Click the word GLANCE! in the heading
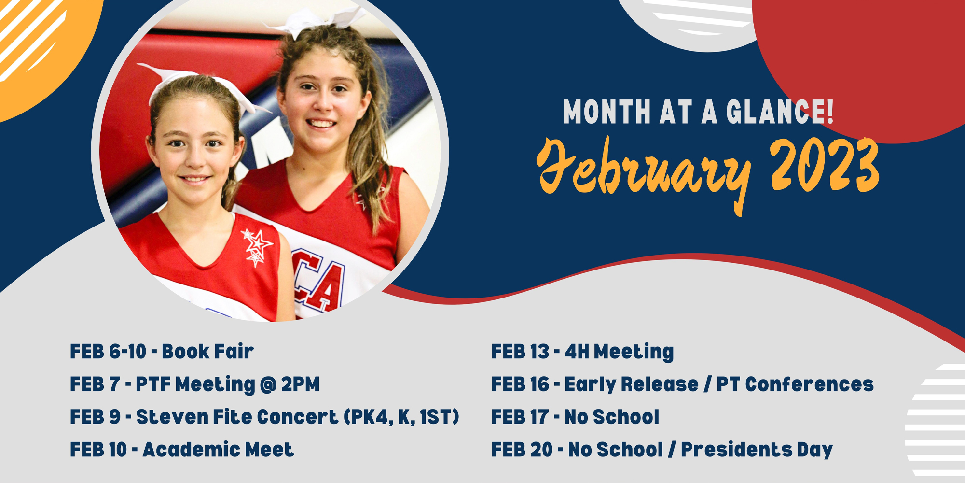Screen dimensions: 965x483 point(780,112)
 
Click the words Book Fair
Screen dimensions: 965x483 point(207,352)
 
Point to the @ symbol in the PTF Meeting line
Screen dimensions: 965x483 point(267,385)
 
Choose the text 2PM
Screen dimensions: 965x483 point(300,384)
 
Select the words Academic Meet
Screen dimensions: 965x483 point(218,450)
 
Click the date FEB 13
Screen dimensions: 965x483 point(520,352)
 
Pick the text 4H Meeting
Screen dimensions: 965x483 point(619,352)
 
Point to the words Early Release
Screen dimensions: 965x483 point(632,385)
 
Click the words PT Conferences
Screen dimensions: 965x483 point(795,384)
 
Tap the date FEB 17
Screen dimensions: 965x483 point(520,417)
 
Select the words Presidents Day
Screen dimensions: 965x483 point(757,450)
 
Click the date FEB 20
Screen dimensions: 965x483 point(522,450)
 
